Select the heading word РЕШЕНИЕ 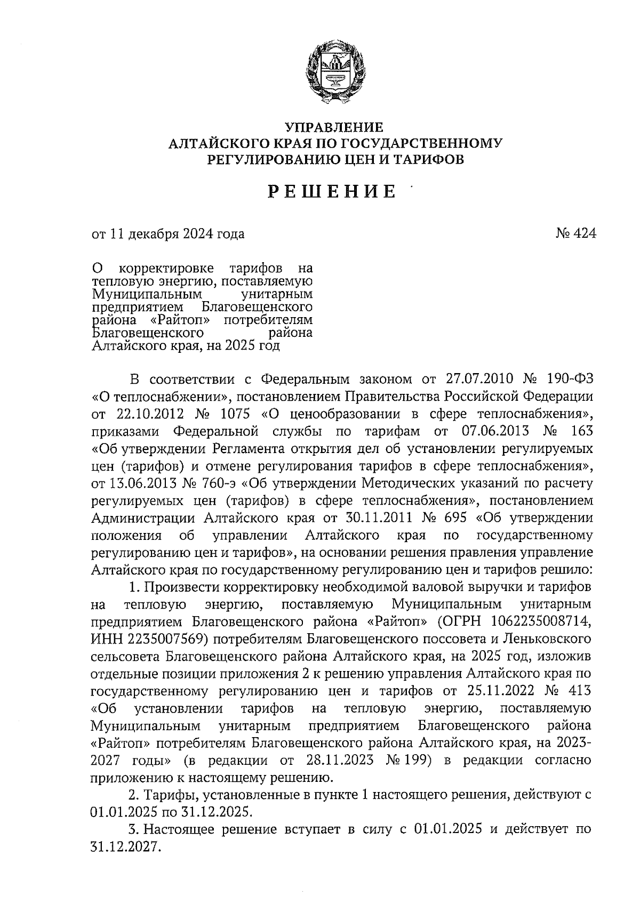pos(332,191)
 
